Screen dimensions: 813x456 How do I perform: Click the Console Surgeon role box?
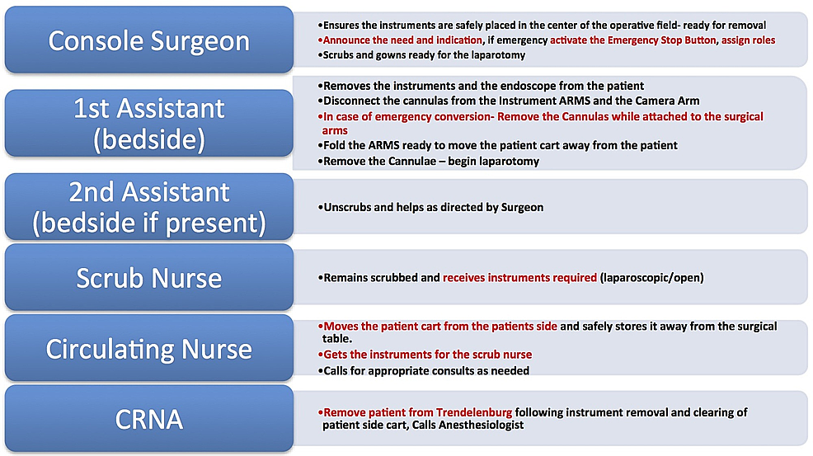[x=149, y=40]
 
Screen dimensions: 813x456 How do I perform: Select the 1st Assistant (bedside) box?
[x=149, y=124]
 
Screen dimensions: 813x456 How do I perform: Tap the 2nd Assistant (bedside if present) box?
[x=149, y=206]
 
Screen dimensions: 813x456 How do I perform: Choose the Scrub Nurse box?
[x=149, y=278]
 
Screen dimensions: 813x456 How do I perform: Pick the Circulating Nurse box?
[x=149, y=348]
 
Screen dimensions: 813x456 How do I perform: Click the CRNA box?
[x=149, y=419]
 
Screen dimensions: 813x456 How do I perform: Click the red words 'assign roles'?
[x=748, y=40]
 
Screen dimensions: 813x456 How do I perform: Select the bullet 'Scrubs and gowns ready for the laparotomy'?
[x=421, y=55]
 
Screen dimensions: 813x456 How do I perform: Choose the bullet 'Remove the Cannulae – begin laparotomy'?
[x=428, y=162]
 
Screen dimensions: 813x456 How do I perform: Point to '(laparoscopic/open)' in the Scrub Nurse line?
[x=651, y=278]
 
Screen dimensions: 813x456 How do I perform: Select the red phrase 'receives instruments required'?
[x=520, y=278]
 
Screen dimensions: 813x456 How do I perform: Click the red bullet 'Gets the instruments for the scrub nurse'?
[x=425, y=355]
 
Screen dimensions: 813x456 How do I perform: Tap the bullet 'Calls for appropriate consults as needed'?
[x=424, y=371]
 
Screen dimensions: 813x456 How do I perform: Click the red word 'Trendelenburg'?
[x=474, y=412]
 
